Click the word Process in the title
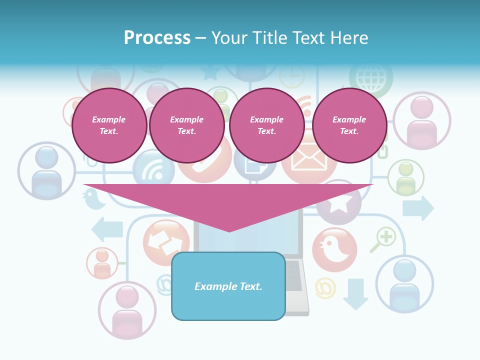157,38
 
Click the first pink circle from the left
109,125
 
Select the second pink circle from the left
187,125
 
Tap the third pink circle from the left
266,125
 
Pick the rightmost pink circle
349,125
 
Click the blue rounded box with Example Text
228,286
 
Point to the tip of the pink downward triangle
229,230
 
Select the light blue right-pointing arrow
418,208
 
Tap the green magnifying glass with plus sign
383,239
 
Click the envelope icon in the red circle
308,161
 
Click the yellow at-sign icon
325,288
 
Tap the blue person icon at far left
46,171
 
